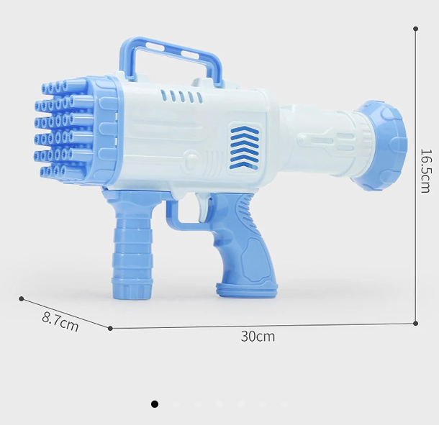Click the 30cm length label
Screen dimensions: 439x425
pyautogui.click(x=258, y=337)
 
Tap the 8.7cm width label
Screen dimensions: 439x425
pyautogui.click(x=60, y=321)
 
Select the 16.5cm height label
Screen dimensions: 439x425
pyautogui.click(x=427, y=170)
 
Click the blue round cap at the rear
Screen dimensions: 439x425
pyautogui.click(x=381, y=145)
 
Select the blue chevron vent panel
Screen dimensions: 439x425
pyautogui.click(x=244, y=147)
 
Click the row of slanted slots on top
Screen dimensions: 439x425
pyautogui.click(x=181, y=96)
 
